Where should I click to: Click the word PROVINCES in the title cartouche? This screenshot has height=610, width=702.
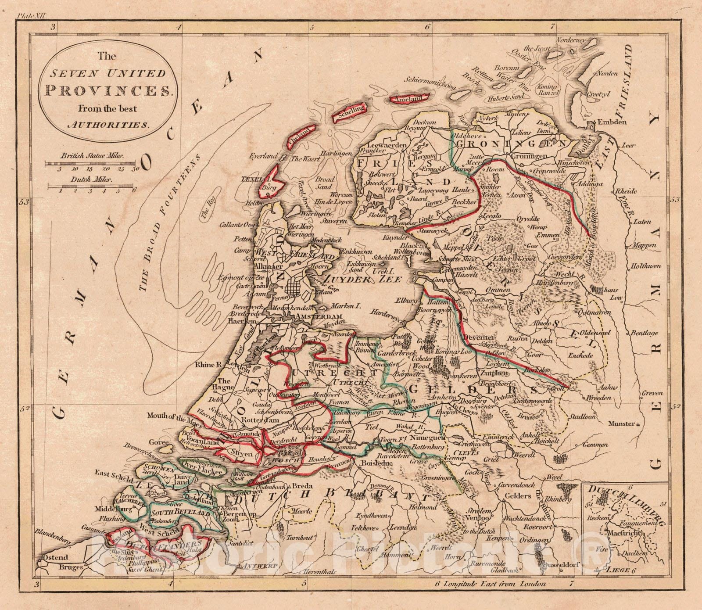[x=108, y=90]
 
